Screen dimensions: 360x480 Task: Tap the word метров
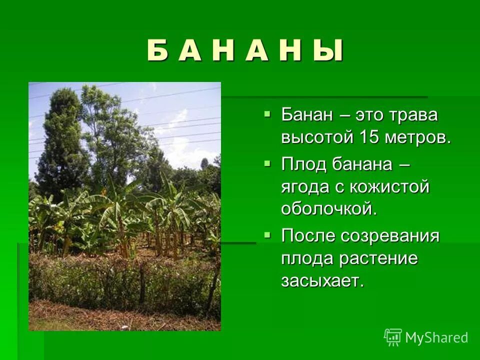click(x=418, y=138)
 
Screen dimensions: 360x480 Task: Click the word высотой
click(x=316, y=138)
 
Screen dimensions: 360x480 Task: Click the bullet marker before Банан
click(x=267, y=114)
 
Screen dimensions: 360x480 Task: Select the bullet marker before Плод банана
click(x=267, y=162)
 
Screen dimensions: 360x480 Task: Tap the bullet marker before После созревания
click(x=267, y=234)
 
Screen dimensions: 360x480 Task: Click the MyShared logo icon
click(x=392, y=337)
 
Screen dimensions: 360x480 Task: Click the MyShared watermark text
click(x=436, y=338)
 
